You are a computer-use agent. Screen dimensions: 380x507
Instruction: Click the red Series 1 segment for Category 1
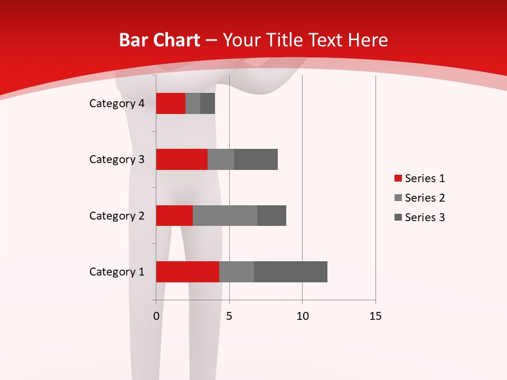(x=187, y=272)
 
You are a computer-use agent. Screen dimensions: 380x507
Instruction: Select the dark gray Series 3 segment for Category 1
(x=290, y=272)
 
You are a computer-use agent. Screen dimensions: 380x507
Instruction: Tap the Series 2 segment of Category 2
(x=225, y=215)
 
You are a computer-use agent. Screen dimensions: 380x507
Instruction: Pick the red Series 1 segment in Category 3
(x=182, y=159)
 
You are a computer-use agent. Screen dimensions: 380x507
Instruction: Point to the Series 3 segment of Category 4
(x=208, y=103)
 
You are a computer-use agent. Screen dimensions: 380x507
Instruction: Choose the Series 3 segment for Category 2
(x=271, y=215)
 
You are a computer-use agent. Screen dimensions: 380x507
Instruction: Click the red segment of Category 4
(x=171, y=103)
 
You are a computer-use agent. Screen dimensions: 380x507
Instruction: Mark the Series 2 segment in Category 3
(x=221, y=159)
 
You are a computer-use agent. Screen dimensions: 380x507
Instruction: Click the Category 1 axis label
(x=117, y=272)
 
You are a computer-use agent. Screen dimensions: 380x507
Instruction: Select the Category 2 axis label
(x=117, y=215)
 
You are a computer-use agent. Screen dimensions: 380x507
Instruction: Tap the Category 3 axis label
(x=117, y=159)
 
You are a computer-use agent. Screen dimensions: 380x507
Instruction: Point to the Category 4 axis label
(x=117, y=103)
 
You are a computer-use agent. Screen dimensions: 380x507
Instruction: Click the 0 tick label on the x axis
(x=156, y=316)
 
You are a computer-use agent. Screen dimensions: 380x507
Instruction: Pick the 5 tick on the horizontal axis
(x=229, y=316)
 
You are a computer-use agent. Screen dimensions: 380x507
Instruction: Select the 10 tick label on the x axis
(x=302, y=316)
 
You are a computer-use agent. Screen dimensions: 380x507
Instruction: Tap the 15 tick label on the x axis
(x=375, y=316)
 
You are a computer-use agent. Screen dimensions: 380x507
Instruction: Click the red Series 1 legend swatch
(x=398, y=178)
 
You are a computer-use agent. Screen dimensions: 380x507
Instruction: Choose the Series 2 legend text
(x=425, y=198)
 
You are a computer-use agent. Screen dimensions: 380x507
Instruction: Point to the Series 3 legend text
(x=425, y=217)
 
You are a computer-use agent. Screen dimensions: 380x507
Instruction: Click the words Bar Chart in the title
(x=159, y=40)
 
